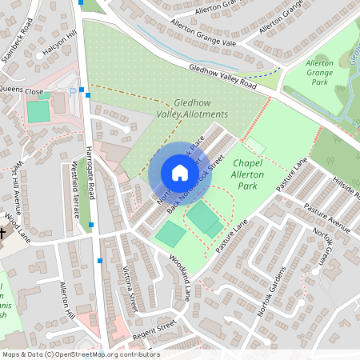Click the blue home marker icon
coord(180,173)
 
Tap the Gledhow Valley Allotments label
coord(192,109)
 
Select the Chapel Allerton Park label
coord(248,174)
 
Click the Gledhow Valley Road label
coord(222,77)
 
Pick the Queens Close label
coord(22,90)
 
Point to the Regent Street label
coord(154,328)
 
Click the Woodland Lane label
coord(180,277)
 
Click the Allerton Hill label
coord(68,300)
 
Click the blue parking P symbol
coord(74,92)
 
